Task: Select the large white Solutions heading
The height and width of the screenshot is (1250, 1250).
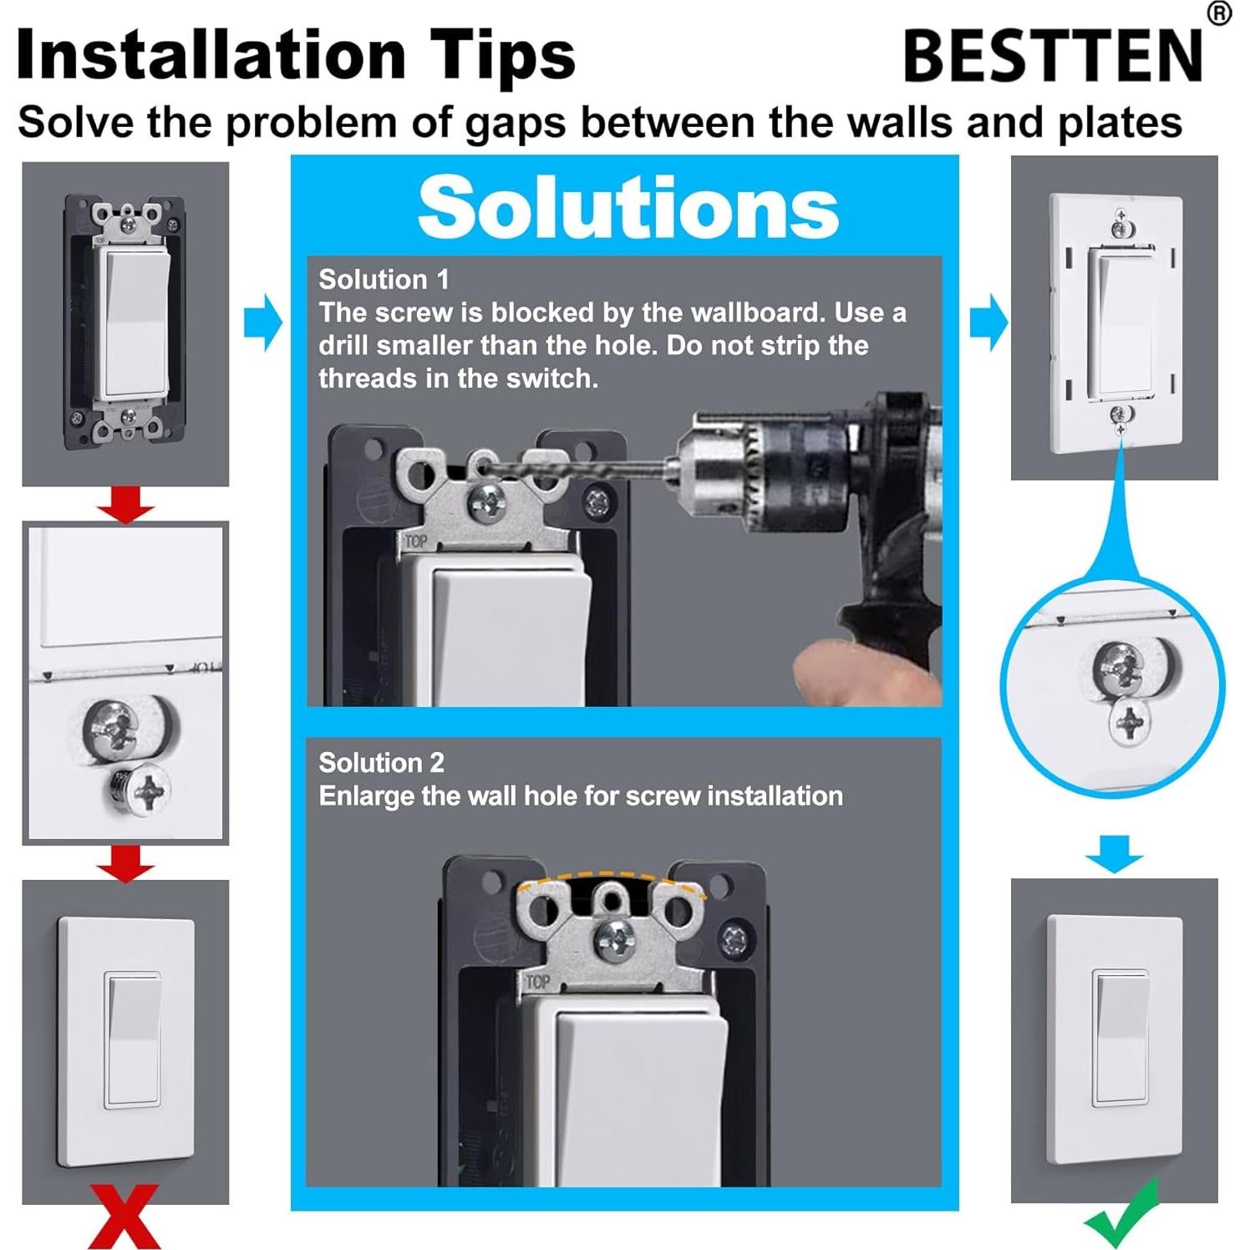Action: [x=628, y=207]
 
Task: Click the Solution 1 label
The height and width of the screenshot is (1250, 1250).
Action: [x=384, y=279]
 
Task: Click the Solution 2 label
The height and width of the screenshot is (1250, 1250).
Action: [x=381, y=762]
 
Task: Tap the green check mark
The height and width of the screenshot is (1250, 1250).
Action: [x=1122, y=1215]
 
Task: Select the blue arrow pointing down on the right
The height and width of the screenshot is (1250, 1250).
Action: [x=1114, y=852]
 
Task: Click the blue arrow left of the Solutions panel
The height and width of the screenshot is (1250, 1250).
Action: [x=263, y=322]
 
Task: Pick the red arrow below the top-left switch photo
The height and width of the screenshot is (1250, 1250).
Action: [x=125, y=505]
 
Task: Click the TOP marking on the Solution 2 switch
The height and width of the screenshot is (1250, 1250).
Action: [x=537, y=982]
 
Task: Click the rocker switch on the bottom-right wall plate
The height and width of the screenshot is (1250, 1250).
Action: [x=1120, y=1036]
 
